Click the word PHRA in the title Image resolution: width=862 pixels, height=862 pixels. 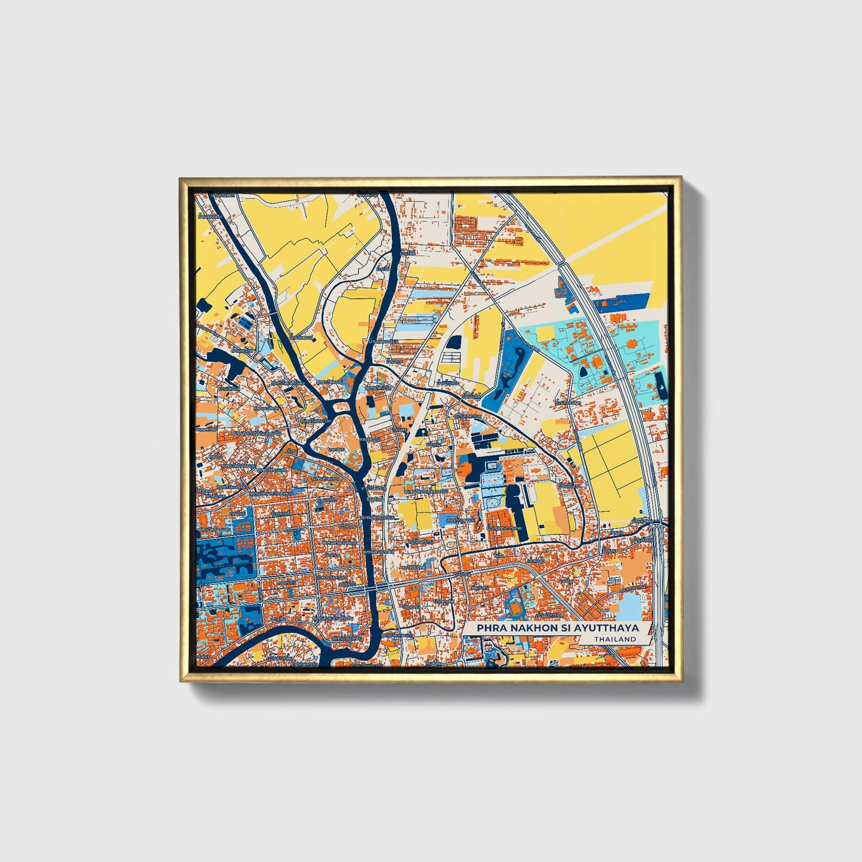click(489, 628)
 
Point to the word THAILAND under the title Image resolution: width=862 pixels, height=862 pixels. click(614, 639)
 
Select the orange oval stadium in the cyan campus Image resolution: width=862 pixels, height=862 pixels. click(597, 363)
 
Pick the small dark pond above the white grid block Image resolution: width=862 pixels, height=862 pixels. click(455, 342)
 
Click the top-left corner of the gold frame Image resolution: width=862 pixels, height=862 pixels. click(181, 178)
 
